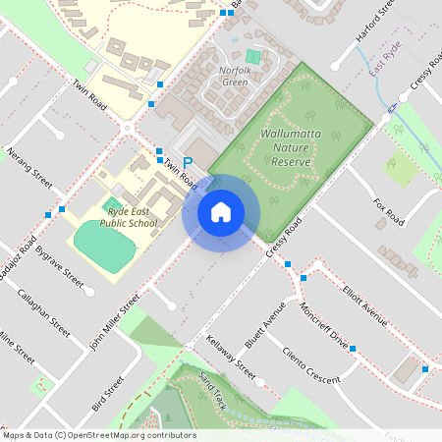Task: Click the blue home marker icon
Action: click(x=221, y=212)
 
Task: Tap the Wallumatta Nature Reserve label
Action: click(x=286, y=147)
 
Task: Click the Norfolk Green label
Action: click(x=236, y=76)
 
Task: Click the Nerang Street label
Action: click(x=29, y=167)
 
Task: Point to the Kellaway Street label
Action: click(x=231, y=359)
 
